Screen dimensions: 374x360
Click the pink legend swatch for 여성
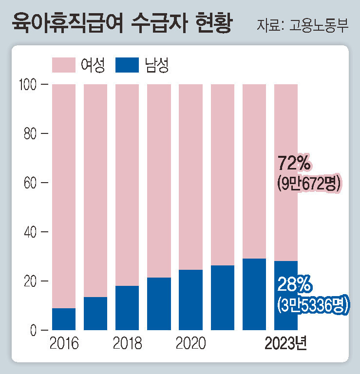(x=63, y=65)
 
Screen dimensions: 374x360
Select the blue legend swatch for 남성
(x=128, y=65)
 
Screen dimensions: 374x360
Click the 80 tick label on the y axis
(x=30, y=134)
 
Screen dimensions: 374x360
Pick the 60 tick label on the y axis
(x=30, y=183)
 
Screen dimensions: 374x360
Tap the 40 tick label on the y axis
(x=30, y=232)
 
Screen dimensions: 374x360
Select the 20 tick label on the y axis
(x=30, y=281)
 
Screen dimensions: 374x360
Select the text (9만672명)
(x=308, y=184)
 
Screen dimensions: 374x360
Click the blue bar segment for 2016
(x=64, y=319)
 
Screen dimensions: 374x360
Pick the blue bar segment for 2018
(x=127, y=308)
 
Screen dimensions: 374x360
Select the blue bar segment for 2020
(x=190, y=300)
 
